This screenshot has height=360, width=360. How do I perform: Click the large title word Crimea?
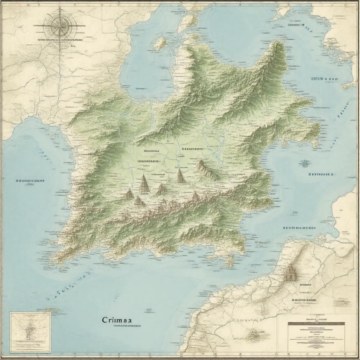point(117,320)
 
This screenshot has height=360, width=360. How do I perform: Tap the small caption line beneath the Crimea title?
point(127,326)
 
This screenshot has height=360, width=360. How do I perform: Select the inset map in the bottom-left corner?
point(30,332)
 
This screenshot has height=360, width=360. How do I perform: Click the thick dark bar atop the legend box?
point(316,323)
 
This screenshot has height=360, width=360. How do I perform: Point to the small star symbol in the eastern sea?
point(304,162)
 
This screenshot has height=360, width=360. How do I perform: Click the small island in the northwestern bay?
point(160,43)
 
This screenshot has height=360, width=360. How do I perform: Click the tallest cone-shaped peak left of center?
point(144,183)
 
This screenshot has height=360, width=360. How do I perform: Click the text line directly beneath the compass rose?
point(60,40)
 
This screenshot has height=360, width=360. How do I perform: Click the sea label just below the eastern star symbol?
point(320,174)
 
